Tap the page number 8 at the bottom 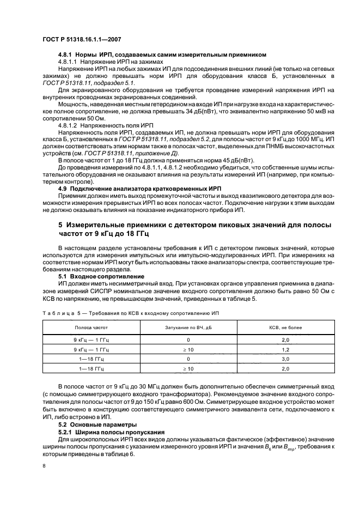click(44, 466)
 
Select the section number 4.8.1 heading click(66, 54)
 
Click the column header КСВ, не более click(278, 328)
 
